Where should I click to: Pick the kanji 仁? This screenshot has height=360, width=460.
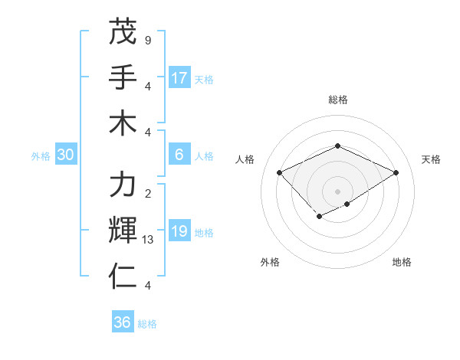[x=123, y=276]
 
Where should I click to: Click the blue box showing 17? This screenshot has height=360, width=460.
[x=179, y=77]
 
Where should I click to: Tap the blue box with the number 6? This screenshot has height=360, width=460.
[x=179, y=155]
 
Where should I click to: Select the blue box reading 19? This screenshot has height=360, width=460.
[x=179, y=231]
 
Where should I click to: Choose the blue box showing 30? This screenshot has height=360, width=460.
[x=66, y=155]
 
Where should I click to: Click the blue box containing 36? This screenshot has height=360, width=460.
[x=123, y=322]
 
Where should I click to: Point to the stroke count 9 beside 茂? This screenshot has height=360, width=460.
[x=147, y=40]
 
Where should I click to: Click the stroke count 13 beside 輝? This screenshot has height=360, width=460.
[x=149, y=240]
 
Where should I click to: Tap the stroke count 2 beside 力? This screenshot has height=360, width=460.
[x=147, y=193]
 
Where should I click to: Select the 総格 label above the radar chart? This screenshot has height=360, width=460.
[x=337, y=100]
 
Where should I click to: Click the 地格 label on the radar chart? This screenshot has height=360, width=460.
[x=402, y=263]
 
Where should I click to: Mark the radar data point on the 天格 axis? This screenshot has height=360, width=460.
[x=396, y=172]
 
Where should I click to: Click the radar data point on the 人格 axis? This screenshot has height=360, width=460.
[x=280, y=172]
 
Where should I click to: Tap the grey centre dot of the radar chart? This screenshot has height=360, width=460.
[x=337, y=191]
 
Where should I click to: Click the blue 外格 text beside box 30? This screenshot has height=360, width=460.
[x=41, y=155]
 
